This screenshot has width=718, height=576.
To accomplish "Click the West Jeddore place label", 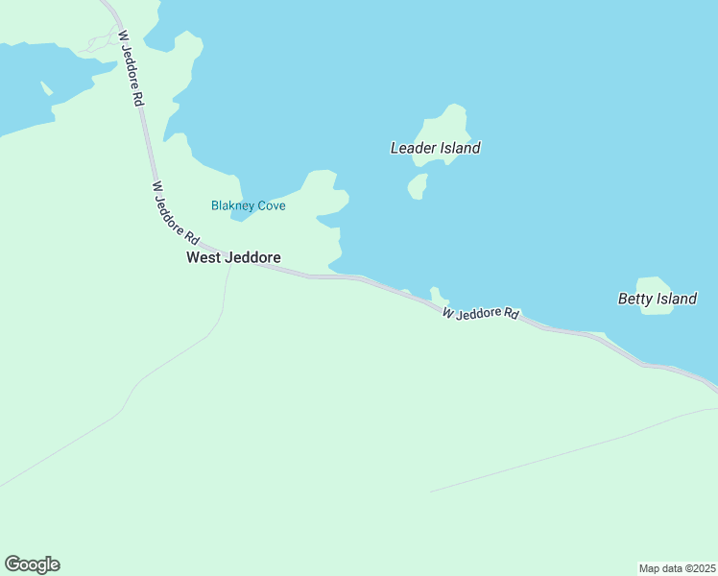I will (233, 257).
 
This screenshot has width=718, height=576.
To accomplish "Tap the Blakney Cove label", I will (248, 205).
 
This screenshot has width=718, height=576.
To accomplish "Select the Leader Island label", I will (435, 148).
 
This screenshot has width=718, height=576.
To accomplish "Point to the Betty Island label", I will (657, 299).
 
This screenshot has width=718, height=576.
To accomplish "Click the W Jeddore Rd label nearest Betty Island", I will (481, 314).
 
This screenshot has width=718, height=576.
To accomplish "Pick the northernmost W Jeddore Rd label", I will (132, 66).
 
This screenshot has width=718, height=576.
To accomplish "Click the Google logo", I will (32, 564).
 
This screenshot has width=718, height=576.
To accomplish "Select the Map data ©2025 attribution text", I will (677, 567).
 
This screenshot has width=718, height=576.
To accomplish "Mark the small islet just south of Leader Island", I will (418, 185).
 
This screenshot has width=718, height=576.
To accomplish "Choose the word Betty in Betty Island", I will (635, 299).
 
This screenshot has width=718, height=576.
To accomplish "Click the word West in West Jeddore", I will (203, 257).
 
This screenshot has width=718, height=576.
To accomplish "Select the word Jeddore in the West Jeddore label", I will (251, 257).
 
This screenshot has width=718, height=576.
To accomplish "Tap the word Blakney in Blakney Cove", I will (231, 205).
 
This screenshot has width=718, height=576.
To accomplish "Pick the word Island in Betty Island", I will (677, 299).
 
